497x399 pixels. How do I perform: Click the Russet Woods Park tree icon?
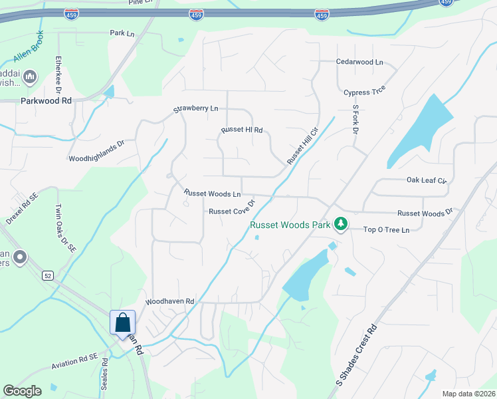[x=341, y=223]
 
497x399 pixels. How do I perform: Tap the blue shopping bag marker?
[x=122, y=323]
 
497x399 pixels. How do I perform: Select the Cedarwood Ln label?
[x=360, y=62]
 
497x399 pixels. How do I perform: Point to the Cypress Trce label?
[x=364, y=92]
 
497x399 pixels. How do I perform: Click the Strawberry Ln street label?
[x=196, y=108]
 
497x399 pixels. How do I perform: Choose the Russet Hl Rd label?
[x=242, y=130]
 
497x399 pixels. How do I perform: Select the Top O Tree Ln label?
[x=386, y=229]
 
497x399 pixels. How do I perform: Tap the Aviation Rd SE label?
[x=74, y=362]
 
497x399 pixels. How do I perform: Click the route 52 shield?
[x=49, y=276]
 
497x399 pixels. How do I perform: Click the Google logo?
[x=22, y=391]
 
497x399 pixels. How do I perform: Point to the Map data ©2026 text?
[x=468, y=394]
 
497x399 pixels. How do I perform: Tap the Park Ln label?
[x=122, y=32]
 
